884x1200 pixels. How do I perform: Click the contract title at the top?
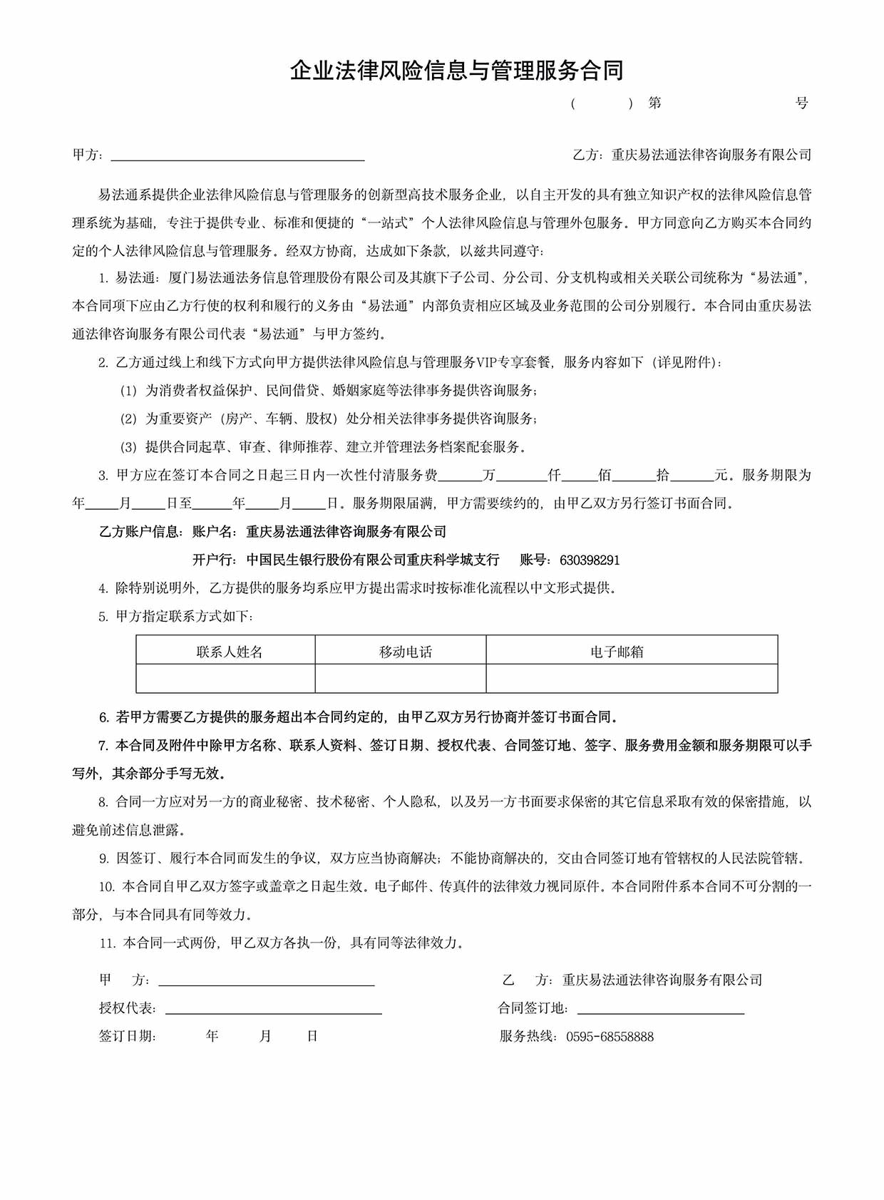click(x=456, y=70)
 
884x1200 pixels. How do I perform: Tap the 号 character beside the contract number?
click(x=802, y=103)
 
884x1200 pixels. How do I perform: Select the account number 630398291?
click(x=590, y=560)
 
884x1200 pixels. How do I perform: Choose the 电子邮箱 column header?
click(x=617, y=652)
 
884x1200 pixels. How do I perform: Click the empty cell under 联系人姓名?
click(x=225, y=678)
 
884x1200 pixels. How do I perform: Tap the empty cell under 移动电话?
click(x=401, y=678)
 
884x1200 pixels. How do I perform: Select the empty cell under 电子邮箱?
click(x=632, y=678)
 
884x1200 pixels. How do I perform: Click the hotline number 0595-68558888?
click(x=610, y=1037)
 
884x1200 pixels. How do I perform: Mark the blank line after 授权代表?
click(x=273, y=1010)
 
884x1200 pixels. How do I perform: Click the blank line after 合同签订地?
click(x=660, y=1010)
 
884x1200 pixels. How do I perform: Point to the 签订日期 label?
click(x=127, y=1037)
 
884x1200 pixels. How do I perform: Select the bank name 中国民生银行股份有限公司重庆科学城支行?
click(x=373, y=560)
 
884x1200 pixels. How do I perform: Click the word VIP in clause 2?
click(x=488, y=362)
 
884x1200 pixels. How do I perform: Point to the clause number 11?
click(x=108, y=943)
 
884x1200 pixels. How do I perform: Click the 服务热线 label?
click(x=528, y=1037)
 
